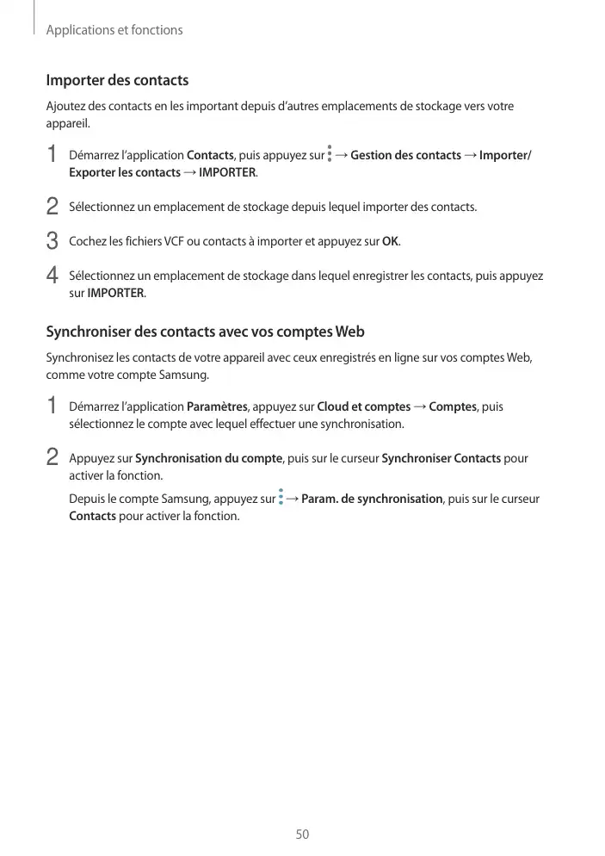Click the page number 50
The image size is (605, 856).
[302, 834]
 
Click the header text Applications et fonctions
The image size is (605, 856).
[114, 30]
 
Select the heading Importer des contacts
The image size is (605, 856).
[117, 81]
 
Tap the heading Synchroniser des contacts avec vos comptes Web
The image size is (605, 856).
[205, 332]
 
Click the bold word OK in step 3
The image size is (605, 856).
[390, 241]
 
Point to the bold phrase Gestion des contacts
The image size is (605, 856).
[406, 155]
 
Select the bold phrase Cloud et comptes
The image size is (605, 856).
[364, 406]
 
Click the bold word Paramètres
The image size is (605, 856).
[217, 406]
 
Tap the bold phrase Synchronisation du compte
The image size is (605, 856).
[209, 458]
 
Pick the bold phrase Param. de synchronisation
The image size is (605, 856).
[373, 499]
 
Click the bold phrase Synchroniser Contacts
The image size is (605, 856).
[441, 458]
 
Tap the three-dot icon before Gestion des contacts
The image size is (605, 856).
[330, 155]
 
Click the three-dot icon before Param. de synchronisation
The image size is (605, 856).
[281, 498]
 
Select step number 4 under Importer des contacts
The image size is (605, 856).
[52, 277]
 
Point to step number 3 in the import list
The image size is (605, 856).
[52, 241]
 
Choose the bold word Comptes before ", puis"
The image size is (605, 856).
[453, 406]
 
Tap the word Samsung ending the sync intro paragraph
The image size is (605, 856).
[184, 375]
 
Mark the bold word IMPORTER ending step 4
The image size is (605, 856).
[116, 294]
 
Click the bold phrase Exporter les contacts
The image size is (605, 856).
[125, 173]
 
